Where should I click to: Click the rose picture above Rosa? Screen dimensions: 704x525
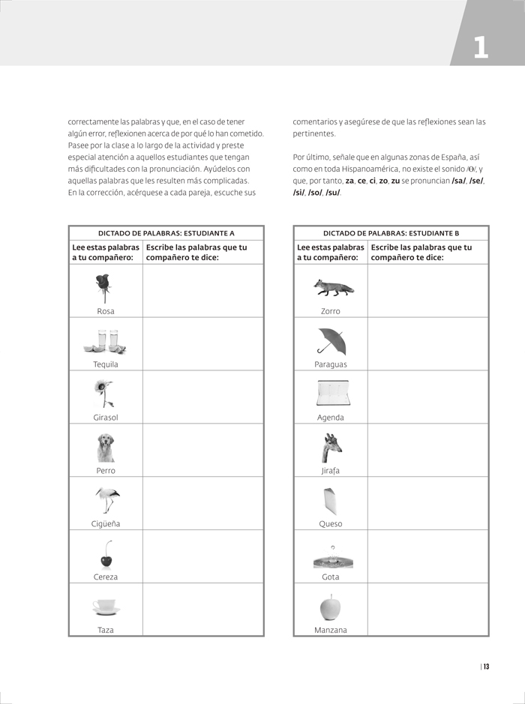[105, 286]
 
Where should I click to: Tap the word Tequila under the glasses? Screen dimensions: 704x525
[106, 364]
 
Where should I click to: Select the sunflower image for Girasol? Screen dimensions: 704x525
[104, 393]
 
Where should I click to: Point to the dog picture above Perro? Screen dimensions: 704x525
[106, 448]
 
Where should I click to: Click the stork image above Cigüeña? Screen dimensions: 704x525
[107, 500]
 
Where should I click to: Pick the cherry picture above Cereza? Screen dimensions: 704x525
[106, 555]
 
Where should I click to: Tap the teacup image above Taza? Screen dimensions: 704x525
[106, 606]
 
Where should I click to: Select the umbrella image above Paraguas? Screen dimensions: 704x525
[331, 341]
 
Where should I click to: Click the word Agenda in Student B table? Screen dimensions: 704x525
[331, 418]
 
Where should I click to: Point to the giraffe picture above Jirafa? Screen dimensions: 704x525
[331, 448]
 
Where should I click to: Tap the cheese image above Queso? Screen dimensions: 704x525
[330, 501]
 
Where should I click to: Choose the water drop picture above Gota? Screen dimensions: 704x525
[332, 557]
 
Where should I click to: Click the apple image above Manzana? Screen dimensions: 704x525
[330, 607]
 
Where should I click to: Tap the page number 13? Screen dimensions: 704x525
[486, 667]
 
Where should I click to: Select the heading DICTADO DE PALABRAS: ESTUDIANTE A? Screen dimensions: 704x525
[166, 233]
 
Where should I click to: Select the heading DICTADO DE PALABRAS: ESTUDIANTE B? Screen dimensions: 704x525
[391, 233]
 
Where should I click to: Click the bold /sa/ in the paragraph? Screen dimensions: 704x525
[459, 181]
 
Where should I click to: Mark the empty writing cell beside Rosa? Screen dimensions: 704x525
[202, 291]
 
